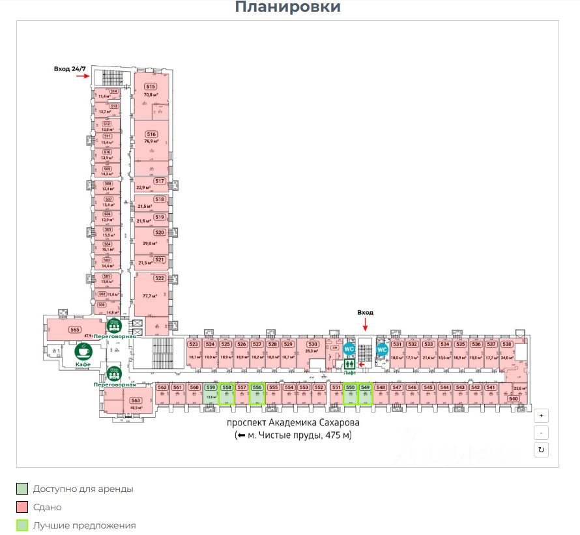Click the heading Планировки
pyautogui.click(x=287, y=8)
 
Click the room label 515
pyautogui.click(x=151, y=87)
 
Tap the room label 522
pyautogui.click(x=160, y=278)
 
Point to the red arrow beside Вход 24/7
pyautogui.click(x=82, y=76)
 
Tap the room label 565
pyautogui.click(x=75, y=330)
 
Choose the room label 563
pyautogui.click(x=136, y=401)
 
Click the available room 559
pyautogui.click(x=210, y=388)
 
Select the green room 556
pyautogui.click(x=257, y=387)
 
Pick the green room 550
pyautogui.click(x=350, y=387)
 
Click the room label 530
pyautogui.click(x=313, y=344)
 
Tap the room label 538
pyautogui.click(x=506, y=344)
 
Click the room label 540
pyautogui.click(x=513, y=399)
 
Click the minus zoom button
pyautogui.click(x=541, y=433)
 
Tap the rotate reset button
pyautogui.click(x=541, y=450)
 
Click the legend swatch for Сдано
pyautogui.click(x=23, y=507)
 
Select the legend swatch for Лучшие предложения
pyautogui.click(x=23, y=525)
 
